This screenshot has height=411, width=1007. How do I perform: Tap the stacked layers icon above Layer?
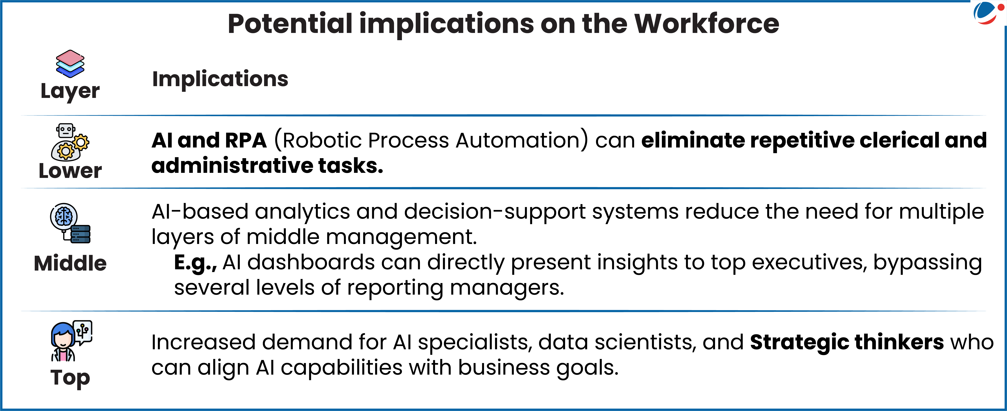click(70, 64)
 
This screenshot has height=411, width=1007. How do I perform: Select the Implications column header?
click(220, 79)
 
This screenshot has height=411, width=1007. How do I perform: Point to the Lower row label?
click(70, 171)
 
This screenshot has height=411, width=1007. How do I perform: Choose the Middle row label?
click(70, 263)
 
